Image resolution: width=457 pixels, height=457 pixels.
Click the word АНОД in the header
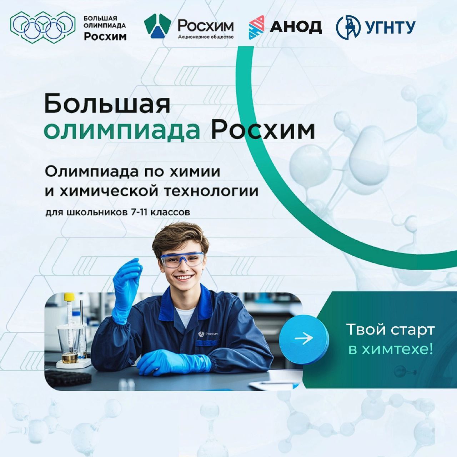[x=296, y=27]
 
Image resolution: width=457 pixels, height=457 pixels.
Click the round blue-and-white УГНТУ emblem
[x=348, y=27]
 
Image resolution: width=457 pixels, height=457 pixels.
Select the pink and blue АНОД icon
[x=256, y=27]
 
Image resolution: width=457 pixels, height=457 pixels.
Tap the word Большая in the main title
[x=107, y=104]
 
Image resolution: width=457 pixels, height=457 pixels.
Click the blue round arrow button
[x=304, y=338]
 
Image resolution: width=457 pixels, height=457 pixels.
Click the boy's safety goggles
[x=182, y=260]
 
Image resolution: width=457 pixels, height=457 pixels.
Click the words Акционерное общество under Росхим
[x=206, y=37]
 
